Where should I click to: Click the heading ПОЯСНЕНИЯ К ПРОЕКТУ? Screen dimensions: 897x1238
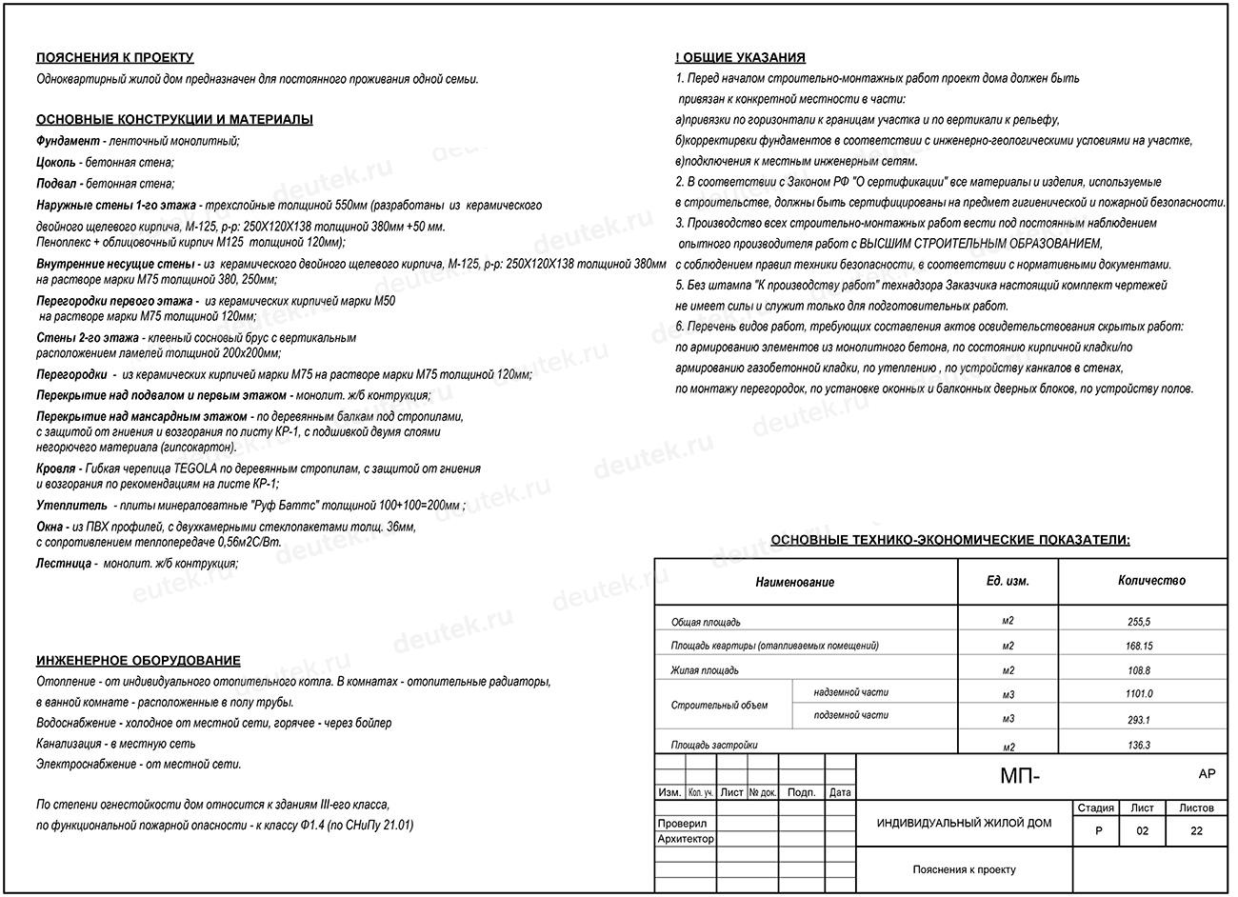pos(114,58)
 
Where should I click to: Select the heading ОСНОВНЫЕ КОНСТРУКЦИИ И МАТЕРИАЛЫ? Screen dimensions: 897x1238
pos(174,120)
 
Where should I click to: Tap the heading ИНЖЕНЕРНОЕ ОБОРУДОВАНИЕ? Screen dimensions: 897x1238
pos(138,661)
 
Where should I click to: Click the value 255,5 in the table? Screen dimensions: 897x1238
pos(1138,622)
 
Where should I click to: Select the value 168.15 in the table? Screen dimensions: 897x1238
pos(1138,646)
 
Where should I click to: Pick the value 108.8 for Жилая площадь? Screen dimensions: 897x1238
pos(1138,670)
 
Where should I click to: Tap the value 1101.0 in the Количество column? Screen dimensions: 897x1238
pos(1138,694)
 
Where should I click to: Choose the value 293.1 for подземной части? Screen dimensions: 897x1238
pos(1138,720)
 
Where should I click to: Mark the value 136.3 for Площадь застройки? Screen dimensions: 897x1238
pos(1138,746)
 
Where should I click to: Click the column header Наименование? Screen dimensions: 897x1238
pos(794,582)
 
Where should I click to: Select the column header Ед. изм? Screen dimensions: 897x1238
pos(1008,581)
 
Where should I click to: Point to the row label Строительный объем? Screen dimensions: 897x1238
pos(719,706)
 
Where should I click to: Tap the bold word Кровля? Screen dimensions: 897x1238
pos(55,468)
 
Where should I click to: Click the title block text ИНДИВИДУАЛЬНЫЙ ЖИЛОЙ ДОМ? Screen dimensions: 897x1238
pos(964,823)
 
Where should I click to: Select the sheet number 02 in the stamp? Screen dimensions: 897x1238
pos(1142,831)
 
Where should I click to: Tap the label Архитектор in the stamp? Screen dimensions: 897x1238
pos(686,839)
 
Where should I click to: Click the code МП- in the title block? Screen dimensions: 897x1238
pos(1020,777)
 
